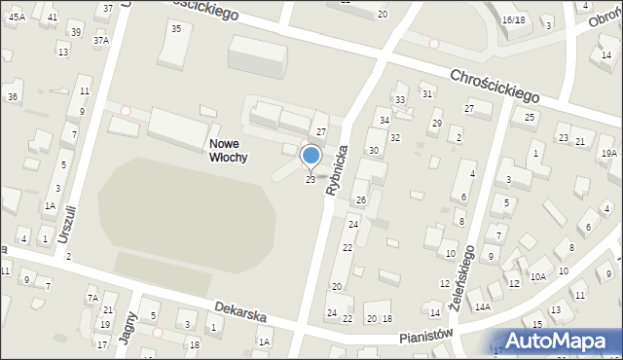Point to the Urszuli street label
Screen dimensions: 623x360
pyautogui.click(x=65, y=223)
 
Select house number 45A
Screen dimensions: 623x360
pyautogui.click(x=17, y=18)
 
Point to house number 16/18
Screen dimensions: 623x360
pyautogui.click(x=513, y=19)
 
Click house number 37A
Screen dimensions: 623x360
pyautogui.click(x=101, y=42)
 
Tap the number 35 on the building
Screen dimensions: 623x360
pyautogui.click(x=176, y=28)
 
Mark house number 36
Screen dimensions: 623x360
pyautogui.click(x=13, y=97)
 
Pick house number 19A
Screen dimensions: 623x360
pyautogui.click(x=608, y=154)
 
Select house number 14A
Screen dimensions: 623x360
pyautogui.click(x=483, y=307)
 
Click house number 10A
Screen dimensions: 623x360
pyautogui.click(x=537, y=276)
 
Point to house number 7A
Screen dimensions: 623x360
pyautogui.click(x=92, y=298)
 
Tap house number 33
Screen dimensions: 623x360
pyautogui.click(x=399, y=100)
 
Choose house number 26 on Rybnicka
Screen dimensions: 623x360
pyautogui.click(x=360, y=199)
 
